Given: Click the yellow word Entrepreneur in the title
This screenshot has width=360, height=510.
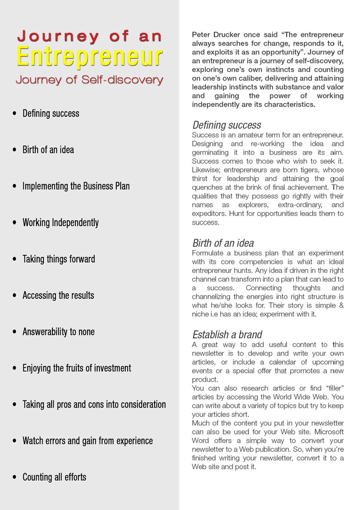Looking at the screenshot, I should pyautogui.click(x=89, y=57).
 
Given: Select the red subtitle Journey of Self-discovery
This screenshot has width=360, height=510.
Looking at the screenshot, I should pyautogui.click(x=89, y=80).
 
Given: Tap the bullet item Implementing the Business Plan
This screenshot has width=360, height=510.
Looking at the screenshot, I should pyautogui.click(x=76, y=186).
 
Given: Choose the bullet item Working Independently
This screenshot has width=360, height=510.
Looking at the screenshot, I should pyautogui.click(x=60, y=223).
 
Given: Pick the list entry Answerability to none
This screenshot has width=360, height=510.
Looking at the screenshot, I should pyautogui.click(x=58, y=332).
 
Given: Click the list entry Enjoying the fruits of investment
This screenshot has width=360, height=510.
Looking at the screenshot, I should pyautogui.click(x=77, y=368).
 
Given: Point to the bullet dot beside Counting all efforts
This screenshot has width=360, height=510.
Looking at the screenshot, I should pyautogui.click(x=15, y=477).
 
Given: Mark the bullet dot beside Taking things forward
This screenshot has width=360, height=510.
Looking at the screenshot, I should pyautogui.click(x=15, y=259).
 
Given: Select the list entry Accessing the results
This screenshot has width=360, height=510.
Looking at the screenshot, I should pyautogui.click(x=58, y=296).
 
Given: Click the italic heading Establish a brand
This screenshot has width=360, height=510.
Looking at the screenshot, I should pyautogui.click(x=227, y=334).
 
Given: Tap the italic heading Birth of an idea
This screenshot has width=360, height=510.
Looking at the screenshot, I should pyautogui.click(x=223, y=243).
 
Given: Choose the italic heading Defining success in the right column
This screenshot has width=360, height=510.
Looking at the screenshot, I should pyautogui.click(x=227, y=125).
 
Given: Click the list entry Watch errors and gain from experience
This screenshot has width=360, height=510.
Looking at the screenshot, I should pyautogui.click(x=87, y=441).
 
